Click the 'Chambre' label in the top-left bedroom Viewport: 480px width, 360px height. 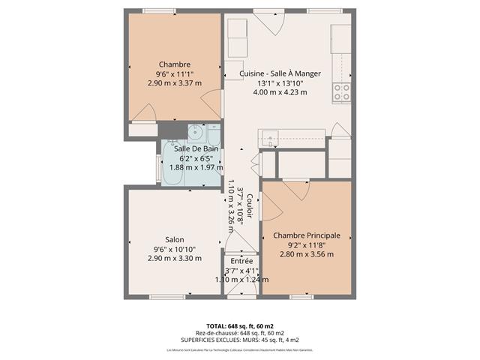[174, 64]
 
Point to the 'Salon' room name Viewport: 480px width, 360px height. [174, 239]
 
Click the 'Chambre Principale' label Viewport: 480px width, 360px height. [306, 235]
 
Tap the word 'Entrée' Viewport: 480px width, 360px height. [241, 261]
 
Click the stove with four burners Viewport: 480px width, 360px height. [341, 92]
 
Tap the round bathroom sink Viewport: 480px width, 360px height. [197, 133]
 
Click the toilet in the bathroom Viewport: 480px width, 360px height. [214, 136]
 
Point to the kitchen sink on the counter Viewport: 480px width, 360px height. [269, 136]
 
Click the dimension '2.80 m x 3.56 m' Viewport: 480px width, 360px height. [306, 254]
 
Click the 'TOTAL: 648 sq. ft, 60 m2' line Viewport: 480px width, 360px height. [240, 326]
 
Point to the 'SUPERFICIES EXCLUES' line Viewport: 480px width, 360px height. [240, 340]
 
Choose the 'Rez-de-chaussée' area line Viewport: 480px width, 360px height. [240, 333]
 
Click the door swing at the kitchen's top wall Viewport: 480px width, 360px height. [270, 24]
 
